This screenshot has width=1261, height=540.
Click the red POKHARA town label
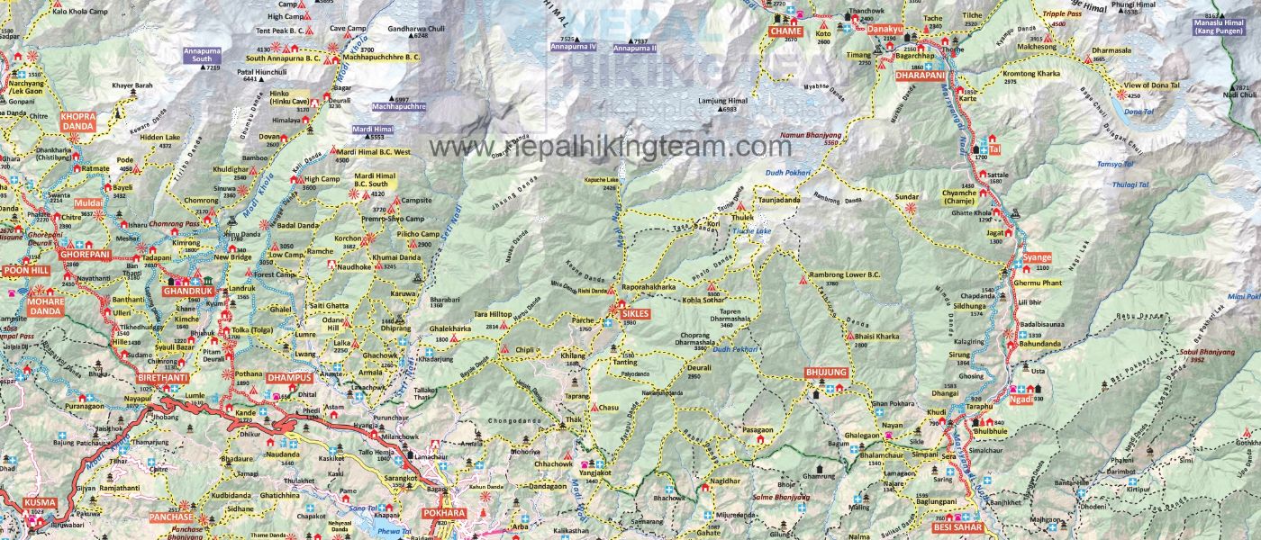point(444,514)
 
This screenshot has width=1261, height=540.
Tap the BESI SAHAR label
point(957,526)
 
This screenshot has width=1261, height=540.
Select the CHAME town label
point(785,31)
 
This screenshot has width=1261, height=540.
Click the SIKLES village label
point(634,313)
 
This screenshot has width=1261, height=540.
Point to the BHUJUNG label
point(826,372)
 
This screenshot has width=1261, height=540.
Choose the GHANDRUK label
point(187,292)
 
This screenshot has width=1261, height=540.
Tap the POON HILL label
point(25,269)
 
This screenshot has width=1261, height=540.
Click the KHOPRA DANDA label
point(77,121)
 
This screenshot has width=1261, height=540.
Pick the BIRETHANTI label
point(162,377)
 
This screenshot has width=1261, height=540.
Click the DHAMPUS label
point(289,377)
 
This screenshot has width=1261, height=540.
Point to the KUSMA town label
point(40,502)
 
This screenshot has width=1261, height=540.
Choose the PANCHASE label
point(171,517)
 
